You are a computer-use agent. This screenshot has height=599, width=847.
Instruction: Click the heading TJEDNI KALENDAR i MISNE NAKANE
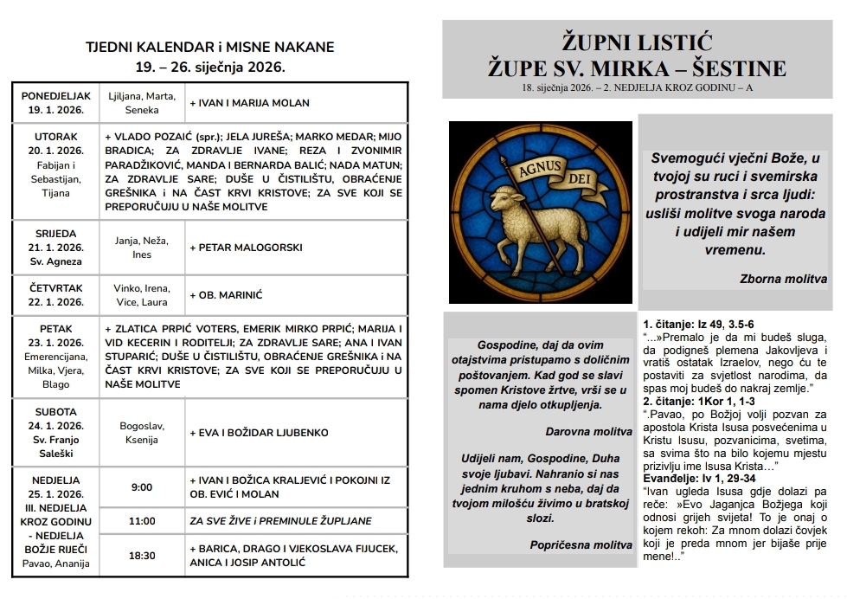coord(209,47)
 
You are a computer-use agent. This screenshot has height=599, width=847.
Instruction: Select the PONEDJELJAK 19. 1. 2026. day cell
coord(55,103)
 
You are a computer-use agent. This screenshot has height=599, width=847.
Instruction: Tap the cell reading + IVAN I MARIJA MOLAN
coord(249,103)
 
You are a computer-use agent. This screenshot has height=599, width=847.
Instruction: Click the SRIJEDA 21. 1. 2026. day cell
coord(55,247)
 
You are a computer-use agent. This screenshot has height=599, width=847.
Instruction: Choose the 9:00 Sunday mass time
coord(141,487)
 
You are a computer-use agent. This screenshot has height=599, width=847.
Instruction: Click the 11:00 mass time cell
coord(141,521)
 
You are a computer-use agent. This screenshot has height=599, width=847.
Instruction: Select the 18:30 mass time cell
coord(141,556)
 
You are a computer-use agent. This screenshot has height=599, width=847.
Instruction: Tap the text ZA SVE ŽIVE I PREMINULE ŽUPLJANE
coord(280,521)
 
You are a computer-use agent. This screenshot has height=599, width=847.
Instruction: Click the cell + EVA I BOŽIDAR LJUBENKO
coord(259,434)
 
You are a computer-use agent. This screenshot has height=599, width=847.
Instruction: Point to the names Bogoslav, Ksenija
coord(141,434)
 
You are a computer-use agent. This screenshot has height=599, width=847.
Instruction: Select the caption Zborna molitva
coord(783,279)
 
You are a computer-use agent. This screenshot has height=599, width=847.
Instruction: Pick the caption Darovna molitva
coord(589,430)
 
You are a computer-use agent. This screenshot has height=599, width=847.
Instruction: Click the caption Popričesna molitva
coord(581,544)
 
